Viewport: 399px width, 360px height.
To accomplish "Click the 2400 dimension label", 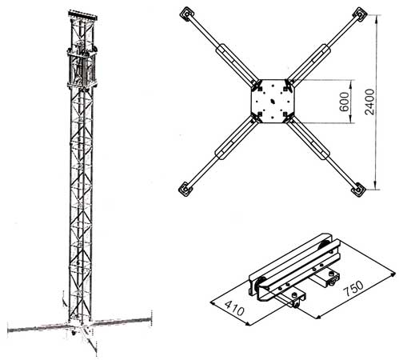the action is coord(369,102).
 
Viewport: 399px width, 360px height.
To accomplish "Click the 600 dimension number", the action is coord(344,102).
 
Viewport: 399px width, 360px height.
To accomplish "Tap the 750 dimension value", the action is coord(353,288).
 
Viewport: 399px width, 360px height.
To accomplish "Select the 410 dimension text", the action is coord(234,308).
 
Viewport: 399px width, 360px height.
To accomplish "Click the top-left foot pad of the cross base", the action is coord(186,14).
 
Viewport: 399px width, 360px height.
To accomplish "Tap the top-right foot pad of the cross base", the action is coord(360,14).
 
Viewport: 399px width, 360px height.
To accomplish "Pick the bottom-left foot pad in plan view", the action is coord(185,190).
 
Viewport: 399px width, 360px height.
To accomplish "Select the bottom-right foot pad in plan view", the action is coord(359,190).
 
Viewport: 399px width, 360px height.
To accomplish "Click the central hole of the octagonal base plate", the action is coord(273,101).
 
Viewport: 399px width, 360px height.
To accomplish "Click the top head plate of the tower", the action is coord(82,14).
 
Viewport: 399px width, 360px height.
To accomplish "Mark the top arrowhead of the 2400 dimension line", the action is coord(377,18).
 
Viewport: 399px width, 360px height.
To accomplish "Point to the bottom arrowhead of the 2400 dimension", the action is coord(376,186).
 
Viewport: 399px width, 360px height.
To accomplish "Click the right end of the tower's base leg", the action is coord(150,319).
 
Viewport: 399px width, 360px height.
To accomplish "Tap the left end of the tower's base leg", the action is coord(9,330).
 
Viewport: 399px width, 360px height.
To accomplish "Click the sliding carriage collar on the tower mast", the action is coord(82,68).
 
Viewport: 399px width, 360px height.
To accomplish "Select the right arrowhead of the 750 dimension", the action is coord(392,275).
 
